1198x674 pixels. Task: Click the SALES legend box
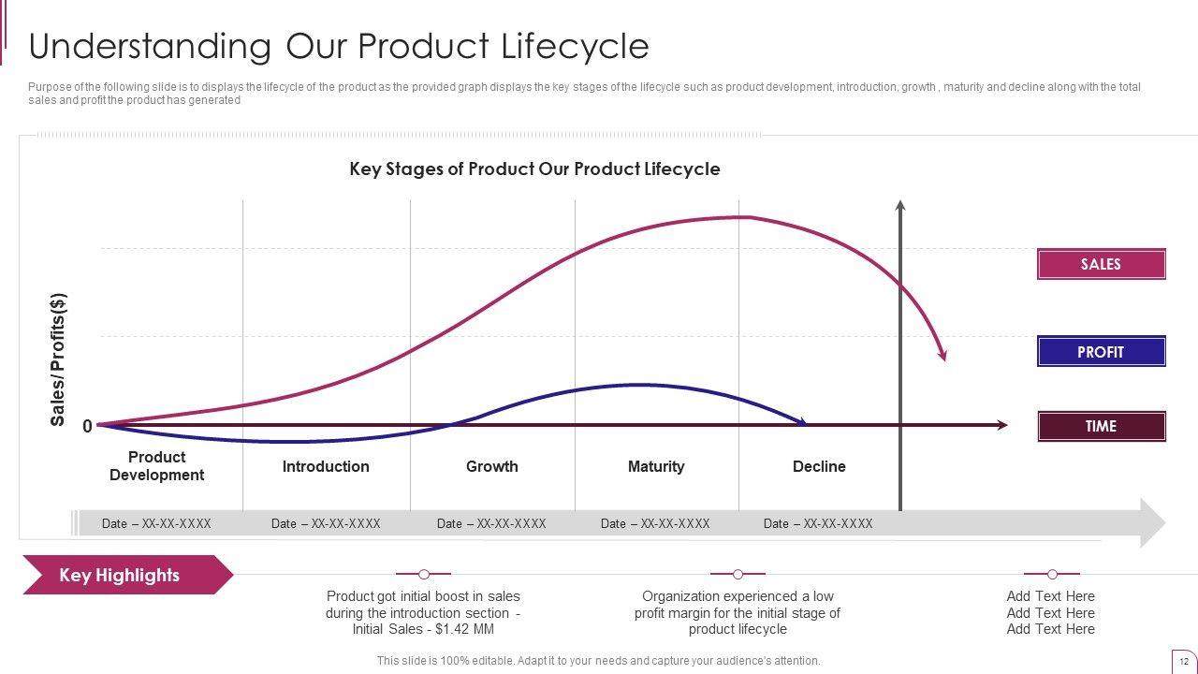point(1101,264)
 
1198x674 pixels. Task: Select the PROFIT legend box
point(1101,351)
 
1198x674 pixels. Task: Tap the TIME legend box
point(1101,426)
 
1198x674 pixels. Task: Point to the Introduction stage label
point(326,466)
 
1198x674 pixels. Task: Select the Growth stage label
point(491,466)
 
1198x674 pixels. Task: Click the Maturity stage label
point(655,466)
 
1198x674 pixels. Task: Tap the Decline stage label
point(819,466)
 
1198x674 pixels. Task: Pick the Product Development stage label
point(156,466)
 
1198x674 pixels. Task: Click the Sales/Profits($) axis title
point(59,359)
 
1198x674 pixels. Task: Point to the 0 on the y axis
point(87,427)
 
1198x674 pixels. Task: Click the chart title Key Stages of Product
point(534,169)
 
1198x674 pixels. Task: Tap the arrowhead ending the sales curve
point(943,355)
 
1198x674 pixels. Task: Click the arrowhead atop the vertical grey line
point(900,205)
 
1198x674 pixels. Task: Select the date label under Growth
point(491,523)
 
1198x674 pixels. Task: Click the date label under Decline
point(818,523)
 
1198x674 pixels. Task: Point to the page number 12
point(1184,661)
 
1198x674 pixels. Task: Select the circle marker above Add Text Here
point(1052,574)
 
